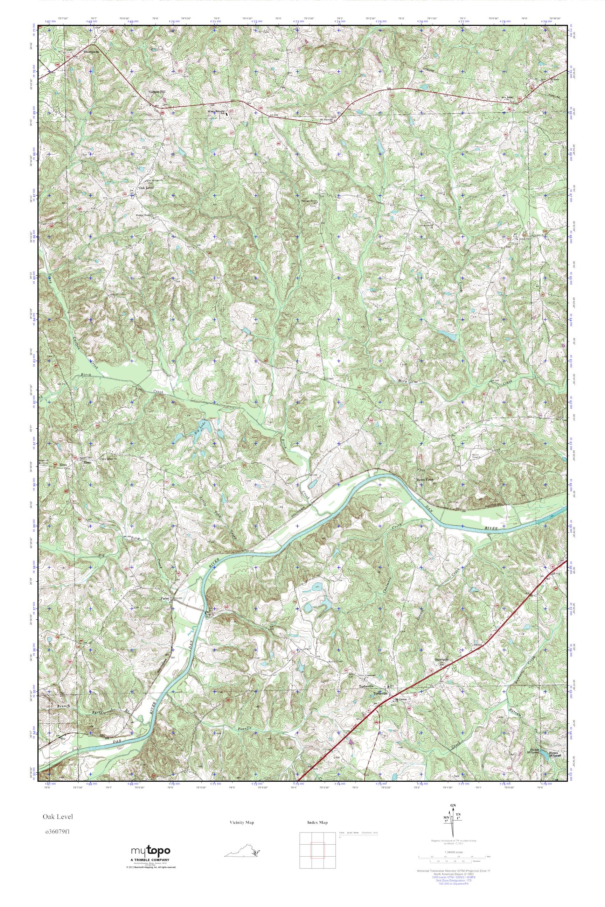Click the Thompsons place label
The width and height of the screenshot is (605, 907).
click(91, 51)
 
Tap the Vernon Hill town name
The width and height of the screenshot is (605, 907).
click(157, 92)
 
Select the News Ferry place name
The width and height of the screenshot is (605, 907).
click(426, 479)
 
